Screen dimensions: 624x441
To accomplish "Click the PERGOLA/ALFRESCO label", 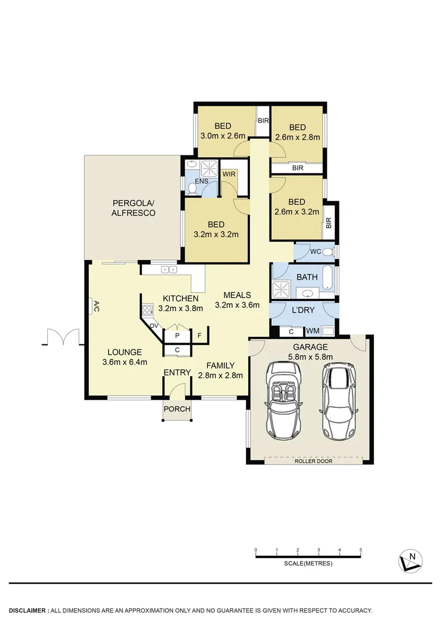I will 134,208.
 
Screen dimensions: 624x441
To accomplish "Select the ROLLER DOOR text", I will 313,462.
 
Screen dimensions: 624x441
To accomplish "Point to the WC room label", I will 315,252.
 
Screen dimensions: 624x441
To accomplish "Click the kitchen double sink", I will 169,269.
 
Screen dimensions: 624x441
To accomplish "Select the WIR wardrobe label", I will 229,174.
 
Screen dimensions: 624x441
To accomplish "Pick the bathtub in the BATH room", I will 328,277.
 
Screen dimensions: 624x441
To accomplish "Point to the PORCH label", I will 177,409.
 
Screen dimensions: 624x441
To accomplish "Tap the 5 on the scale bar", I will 361,549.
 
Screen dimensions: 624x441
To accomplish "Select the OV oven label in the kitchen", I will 154,326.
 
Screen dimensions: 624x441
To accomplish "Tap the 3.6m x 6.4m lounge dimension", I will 124,362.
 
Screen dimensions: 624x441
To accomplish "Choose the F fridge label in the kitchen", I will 199,336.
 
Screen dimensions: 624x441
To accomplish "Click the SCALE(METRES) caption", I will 308,563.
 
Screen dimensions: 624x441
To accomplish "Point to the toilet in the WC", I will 328,252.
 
